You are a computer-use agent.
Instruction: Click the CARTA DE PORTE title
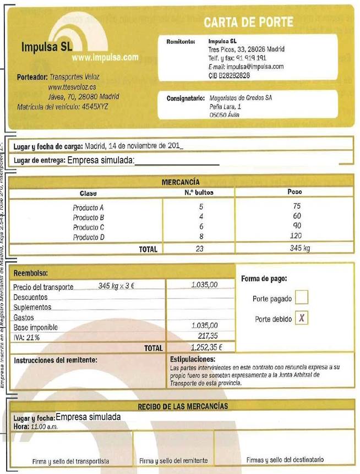tap(248, 23)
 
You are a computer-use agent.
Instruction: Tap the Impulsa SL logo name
tap(47, 47)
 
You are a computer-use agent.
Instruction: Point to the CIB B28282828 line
tap(230, 75)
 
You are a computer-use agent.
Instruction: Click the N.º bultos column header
tap(199, 192)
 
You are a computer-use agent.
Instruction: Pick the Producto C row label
tap(89, 227)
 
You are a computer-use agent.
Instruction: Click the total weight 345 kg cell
tap(300, 249)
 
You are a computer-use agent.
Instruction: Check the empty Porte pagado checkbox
tap(302, 298)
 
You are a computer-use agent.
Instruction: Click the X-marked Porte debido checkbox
tap(302, 318)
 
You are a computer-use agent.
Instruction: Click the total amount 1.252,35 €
tap(206, 348)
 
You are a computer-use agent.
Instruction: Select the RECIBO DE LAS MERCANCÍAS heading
tap(182, 406)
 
